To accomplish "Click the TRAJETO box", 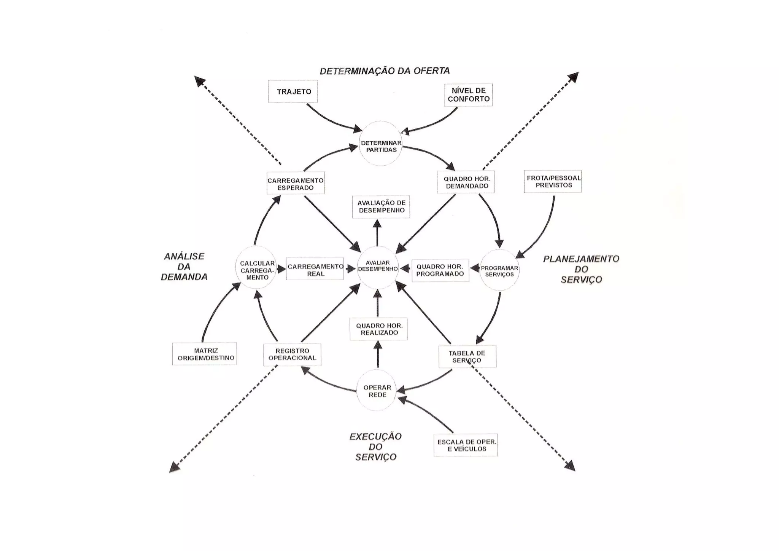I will click(293, 91).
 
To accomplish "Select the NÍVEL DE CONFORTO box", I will click(468, 95).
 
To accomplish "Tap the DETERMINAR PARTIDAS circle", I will click(381, 144).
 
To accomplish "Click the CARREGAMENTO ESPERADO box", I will click(296, 183).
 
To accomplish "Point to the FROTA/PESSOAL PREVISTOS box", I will click(553, 181).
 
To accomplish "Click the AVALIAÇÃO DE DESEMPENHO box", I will click(381, 206).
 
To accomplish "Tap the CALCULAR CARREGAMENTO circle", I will click(256, 268).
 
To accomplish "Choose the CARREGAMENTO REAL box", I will click(315, 270).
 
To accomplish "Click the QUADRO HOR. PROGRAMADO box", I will click(440, 270).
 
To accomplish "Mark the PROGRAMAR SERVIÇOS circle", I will click(499, 270).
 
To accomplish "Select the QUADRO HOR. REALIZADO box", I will click(378, 329).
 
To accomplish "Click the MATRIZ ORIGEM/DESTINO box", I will click(205, 354).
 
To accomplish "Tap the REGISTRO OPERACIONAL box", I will click(292, 355).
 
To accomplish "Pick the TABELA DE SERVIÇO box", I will click(467, 356).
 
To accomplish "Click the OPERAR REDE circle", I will click(377, 391).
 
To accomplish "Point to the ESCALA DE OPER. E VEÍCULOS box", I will click(466, 445).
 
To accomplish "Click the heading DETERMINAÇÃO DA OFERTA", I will click(385, 71).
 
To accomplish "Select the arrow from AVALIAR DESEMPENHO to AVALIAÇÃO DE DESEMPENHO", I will click(377, 233).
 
